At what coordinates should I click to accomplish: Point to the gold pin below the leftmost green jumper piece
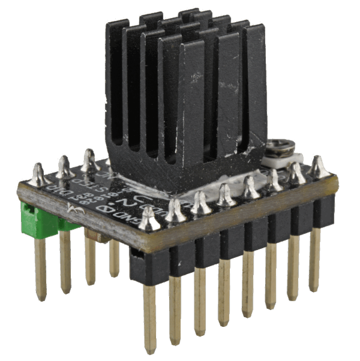[40, 270]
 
